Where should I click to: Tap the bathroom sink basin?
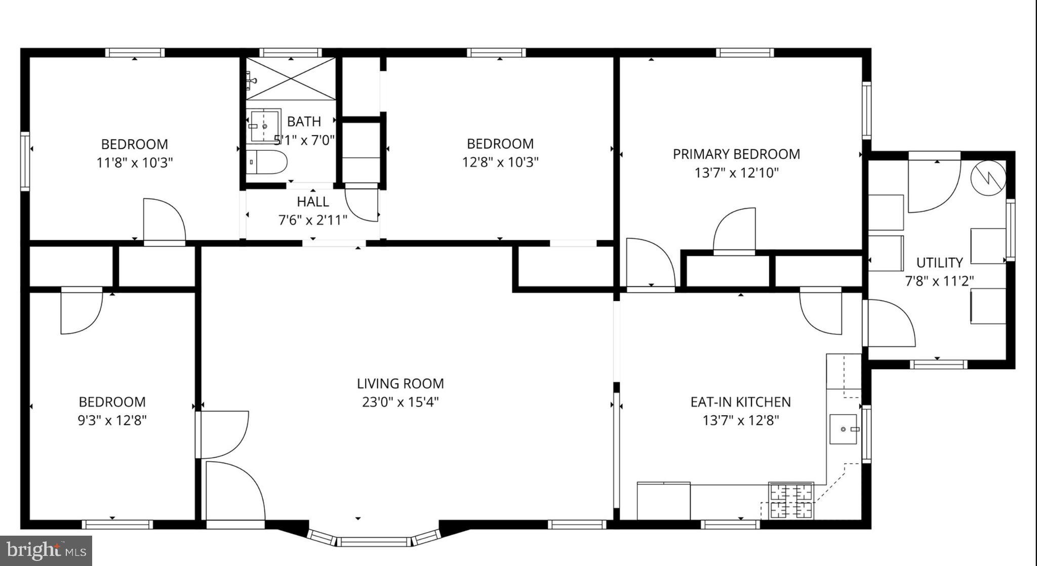tap(264, 125)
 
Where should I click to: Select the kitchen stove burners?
tap(791, 501)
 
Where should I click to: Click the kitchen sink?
tap(843, 429)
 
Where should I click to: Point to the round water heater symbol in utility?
tap(988, 177)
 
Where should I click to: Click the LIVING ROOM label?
tap(400, 383)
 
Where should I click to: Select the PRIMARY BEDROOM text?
tap(736, 154)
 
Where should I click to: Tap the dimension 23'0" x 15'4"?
tap(400, 402)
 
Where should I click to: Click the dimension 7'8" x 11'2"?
tap(939, 281)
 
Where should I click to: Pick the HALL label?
tap(312, 201)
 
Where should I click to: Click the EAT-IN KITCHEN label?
tap(740, 402)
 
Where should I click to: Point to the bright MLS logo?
tap(46, 550)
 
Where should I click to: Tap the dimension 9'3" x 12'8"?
tap(112, 420)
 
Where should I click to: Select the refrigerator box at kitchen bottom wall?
tap(663, 501)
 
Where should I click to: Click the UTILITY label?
tap(939, 263)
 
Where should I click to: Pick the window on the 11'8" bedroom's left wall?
tap(25, 161)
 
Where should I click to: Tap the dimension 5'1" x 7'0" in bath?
tap(304, 140)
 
